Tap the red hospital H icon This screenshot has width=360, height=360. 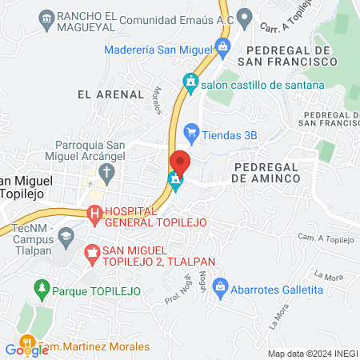94,214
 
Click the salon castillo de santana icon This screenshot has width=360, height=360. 190,82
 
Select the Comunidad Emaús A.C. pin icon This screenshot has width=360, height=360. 245,16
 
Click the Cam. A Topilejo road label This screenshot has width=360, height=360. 325,238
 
